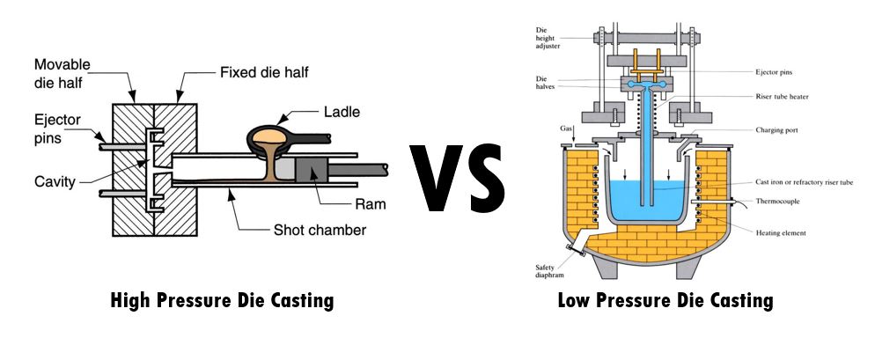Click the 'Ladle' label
[341, 112]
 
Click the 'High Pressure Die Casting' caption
[222, 301]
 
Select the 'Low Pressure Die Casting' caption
[665, 301]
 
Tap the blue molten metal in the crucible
[647, 202]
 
